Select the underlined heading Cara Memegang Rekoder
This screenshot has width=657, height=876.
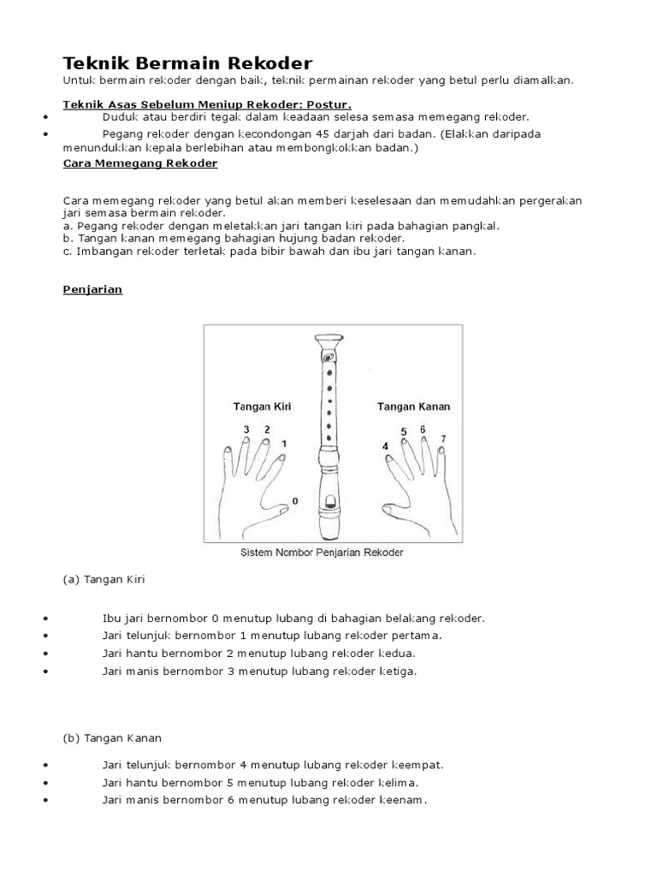pyautogui.click(x=140, y=163)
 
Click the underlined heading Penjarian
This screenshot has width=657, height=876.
pyautogui.click(x=93, y=289)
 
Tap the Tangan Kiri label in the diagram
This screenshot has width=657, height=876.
pyautogui.click(x=262, y=406)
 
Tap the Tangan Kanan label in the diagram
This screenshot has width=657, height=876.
pyautogui.click(x=414, y=406)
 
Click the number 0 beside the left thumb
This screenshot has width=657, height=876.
pyautogui.click(x=296, y=500)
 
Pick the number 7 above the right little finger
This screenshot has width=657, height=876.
pyautogui.click(x=442, y=439)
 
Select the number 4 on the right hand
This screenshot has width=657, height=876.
pyautogui.click(x=385, y=447)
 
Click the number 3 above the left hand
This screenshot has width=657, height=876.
pyautogui.click(x=246, y=429)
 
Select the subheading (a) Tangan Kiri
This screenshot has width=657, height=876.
pyautogui.click(x=104, y=579)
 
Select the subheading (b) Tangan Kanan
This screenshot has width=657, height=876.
pyautogui.click(x=112, y=737)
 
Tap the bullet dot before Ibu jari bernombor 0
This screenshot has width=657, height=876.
pyautogui.click(x=43, y=619)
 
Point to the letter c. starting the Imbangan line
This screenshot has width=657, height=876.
pyautogui.click(x=68, y=252)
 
